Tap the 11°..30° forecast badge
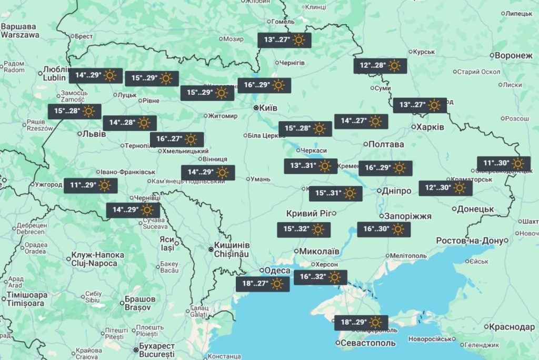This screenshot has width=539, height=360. pos(504,164)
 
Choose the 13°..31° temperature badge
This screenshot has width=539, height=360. pos(311,166)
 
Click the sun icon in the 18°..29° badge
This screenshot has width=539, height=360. pos(375,323)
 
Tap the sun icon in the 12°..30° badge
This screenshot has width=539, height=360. pos(460,188)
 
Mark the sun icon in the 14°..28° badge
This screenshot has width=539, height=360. pos(144,123)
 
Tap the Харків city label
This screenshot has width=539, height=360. pos(430,127)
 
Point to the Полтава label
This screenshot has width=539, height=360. pos(387,144)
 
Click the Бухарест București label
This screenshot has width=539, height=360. pos(157,350)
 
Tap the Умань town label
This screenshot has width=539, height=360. pos(260,179)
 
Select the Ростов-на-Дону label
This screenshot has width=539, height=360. pos(470,241)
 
